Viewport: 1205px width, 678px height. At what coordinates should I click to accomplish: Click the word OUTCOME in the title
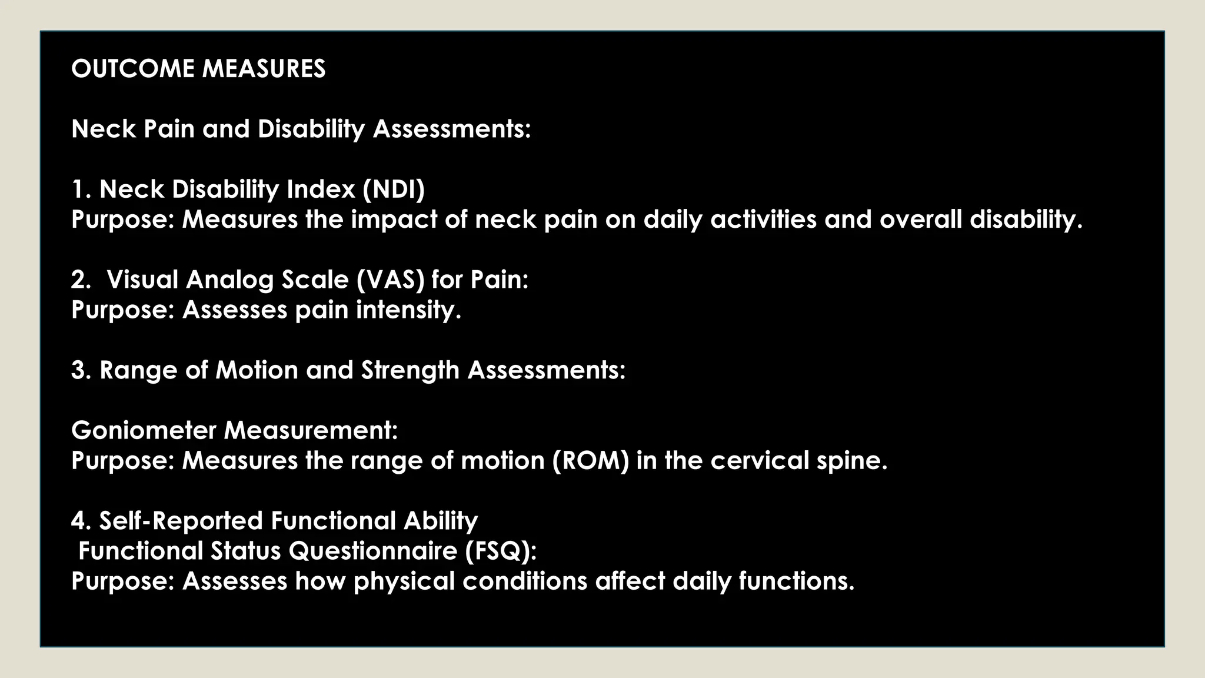point(134,69)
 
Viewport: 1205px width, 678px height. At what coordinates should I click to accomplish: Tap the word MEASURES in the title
point(264,69)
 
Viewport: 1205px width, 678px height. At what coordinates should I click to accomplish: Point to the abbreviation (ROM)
point(591,460)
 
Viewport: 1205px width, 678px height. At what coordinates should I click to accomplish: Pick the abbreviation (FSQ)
point(501,551)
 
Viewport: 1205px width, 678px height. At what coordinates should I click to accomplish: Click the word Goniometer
point(144,430)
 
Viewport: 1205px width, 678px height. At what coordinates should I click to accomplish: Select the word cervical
point(760,460)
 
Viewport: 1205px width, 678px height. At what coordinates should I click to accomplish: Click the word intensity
point(408,310)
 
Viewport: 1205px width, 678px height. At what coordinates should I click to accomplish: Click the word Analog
point(230,280)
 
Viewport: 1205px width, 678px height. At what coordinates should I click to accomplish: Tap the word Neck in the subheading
point(104,129)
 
